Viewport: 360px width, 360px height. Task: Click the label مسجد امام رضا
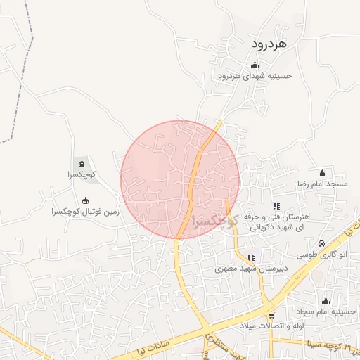[322, 183]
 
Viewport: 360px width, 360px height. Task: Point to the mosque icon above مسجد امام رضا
[323, 173]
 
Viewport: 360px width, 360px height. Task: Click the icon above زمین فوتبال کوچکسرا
[86, 200]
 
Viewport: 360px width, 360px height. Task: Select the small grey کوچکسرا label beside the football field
[82, 174]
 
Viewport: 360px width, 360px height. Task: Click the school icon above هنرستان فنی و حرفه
[276, 207]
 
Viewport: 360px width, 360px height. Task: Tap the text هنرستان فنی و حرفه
[276, 218]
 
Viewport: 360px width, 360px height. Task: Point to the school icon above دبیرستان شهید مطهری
[251, 258]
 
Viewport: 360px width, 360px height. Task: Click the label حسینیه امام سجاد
[326, 310]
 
